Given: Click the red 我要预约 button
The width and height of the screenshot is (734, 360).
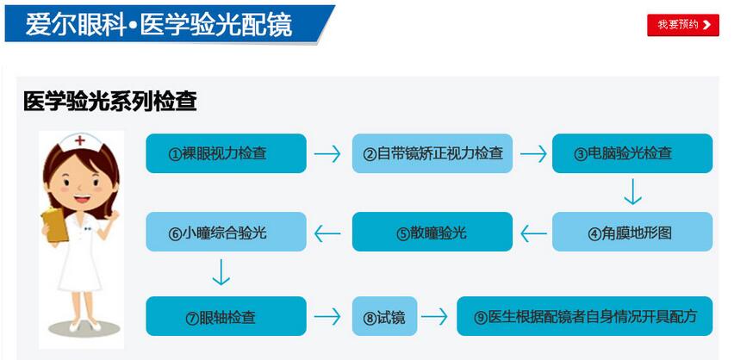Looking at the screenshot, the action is click(683, 25).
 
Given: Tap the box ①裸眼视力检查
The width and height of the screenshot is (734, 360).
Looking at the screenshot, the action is click(226, 153).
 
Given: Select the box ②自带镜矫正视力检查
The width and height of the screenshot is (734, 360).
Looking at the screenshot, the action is click(432, 153).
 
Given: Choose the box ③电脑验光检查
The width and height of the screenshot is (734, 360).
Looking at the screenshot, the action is click(632, 153).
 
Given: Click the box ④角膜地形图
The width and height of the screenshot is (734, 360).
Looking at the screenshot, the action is click(632, 232).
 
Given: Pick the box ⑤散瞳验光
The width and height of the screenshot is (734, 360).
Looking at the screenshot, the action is click(432, 232).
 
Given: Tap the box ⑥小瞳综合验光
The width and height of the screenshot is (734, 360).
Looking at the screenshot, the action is click(226, 232).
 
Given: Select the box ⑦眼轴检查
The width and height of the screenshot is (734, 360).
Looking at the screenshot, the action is click(226, 316).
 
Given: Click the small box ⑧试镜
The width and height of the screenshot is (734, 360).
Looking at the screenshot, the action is click(384, 316).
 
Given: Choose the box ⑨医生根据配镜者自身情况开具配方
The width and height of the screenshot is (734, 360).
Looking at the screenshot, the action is click(585, 316).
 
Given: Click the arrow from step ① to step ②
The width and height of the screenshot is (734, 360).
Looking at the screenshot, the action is click(327, 153).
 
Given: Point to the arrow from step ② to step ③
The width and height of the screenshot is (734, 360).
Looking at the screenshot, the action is click(533, 153).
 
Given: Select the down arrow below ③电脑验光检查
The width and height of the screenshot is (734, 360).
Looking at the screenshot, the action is click(632, 192).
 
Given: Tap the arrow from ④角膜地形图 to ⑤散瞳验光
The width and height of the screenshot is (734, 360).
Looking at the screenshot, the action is click(533, 233).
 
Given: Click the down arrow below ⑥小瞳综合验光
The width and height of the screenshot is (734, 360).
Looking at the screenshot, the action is click(221, 272).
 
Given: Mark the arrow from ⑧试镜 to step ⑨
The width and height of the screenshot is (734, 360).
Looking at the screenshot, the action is click(434, 317).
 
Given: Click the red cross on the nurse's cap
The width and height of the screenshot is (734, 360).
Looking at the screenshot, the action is click(80, 140).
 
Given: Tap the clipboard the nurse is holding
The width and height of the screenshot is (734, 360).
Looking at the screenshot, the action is click(55, 225).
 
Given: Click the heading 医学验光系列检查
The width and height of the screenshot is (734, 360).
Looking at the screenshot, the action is click(110, 101).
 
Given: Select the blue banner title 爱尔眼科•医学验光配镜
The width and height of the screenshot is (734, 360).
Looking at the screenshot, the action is click(159, 24).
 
